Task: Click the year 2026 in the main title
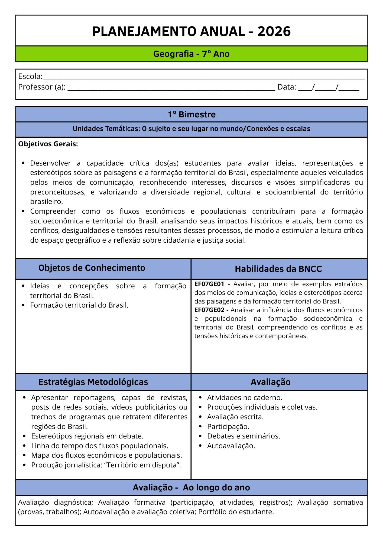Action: pos(274,31)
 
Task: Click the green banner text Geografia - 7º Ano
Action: pos(191,54)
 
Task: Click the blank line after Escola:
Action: pos(203,77)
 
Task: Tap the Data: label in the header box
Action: pos(287,87)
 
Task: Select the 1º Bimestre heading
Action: pos(191,114)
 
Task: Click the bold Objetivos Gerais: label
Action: pos(48,144)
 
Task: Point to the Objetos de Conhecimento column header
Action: pos(92,268)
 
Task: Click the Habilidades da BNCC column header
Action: pos(278,269)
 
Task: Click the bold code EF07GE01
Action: pos(209,284)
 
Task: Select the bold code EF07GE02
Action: pos(209,310)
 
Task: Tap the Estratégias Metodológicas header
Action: pos(93,382)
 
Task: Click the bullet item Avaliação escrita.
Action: pos(235,417)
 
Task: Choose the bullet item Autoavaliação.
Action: pos(231,446)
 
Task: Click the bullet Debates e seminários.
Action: pos(243,436)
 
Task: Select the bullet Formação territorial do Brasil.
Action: pos(79,305)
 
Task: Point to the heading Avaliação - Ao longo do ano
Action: pos(191,487)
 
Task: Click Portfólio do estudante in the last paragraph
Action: pos(236,512)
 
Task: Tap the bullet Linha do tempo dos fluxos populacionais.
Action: pos(100,446)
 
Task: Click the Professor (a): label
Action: pos(42,87)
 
